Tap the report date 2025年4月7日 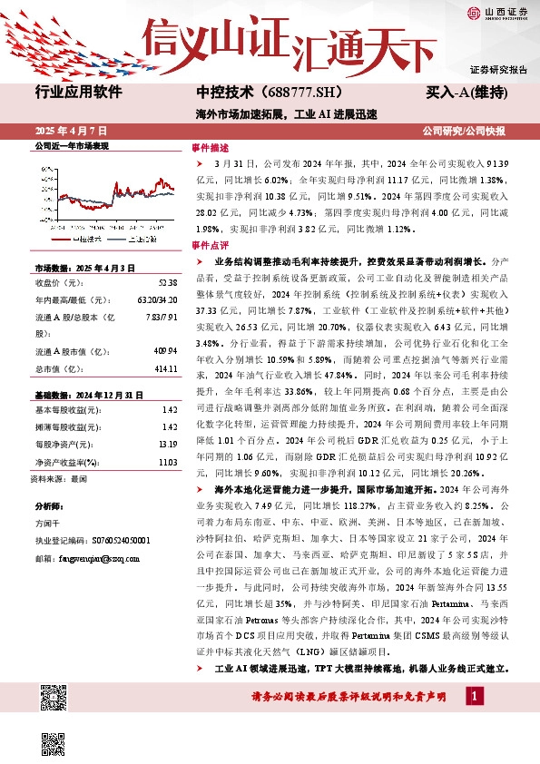tap(67, 131)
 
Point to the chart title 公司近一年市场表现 tap(71, 146)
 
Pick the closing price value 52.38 tap(166, 282)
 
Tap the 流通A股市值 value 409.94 tap(164, 351)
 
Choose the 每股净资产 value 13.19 tap(166, 445)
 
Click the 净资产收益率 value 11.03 tap(166, 462)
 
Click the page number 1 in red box tap(474, 696)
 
